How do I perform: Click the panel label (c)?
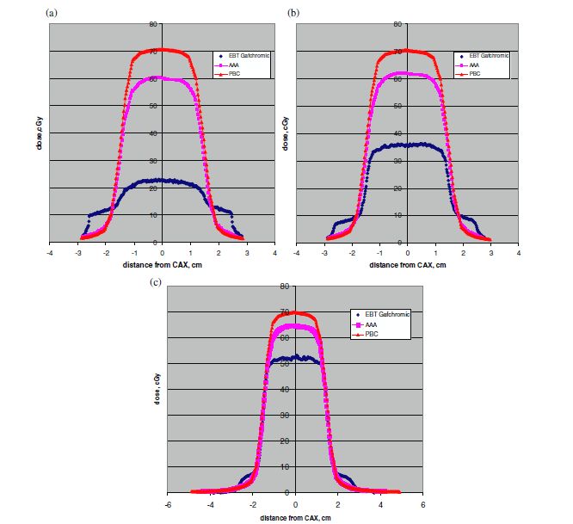pos(154,281)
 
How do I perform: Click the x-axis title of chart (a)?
pos(162,264)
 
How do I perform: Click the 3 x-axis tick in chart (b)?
pos(490,253)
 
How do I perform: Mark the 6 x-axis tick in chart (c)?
pos(422,503)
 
